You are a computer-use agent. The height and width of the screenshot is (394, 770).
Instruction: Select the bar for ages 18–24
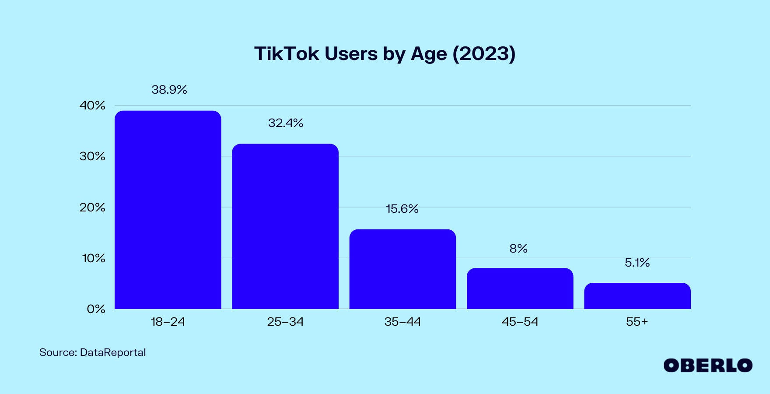tap(168, 210)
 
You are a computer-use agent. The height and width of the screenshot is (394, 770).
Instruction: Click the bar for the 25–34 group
tap(285, 226)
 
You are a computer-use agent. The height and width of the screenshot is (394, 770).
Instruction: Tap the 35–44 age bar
tap(402, 269)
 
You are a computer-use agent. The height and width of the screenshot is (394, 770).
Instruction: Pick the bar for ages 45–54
tap(520, 288)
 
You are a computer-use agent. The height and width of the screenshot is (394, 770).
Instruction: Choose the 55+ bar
tap(637, 296)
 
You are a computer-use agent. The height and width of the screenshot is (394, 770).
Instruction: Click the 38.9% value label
tap(169, 90)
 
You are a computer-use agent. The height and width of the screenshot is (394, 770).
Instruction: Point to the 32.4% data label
tap(286, 123)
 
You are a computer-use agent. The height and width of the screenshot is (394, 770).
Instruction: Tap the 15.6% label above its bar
tap(402, 209)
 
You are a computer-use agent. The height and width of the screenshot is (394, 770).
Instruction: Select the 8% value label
tap(518, 249)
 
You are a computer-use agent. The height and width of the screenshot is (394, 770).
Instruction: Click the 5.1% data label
tap(637, 263)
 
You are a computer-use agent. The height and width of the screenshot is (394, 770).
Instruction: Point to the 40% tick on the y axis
tap(92, 106)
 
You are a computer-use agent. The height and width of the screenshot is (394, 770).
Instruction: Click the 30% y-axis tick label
tap(92, 156)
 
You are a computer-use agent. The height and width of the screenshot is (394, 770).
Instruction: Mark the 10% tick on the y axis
tap(94, 258)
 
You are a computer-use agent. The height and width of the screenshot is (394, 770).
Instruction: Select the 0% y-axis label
tap(96, 309)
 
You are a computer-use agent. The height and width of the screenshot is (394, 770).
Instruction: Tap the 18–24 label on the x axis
tap(168, 322)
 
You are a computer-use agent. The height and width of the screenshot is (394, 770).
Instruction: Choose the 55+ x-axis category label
tap(637, 322)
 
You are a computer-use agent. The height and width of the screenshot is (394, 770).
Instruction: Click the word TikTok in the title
tap(287, 54)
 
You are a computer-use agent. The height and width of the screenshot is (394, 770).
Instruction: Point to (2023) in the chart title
tap(484, 54)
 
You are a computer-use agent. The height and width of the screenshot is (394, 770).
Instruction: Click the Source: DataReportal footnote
tap(92, 352)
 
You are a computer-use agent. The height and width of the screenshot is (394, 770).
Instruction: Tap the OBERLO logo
tap(707, 366)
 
